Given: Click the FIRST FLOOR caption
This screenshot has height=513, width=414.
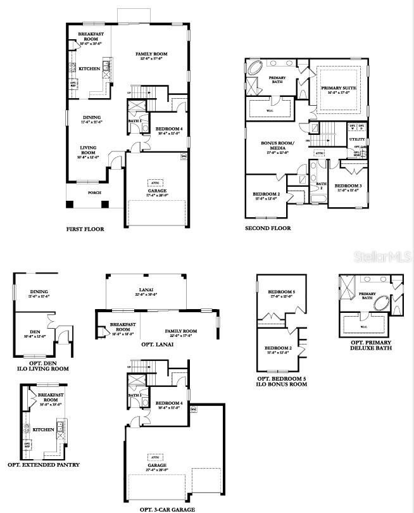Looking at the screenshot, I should point(85,229).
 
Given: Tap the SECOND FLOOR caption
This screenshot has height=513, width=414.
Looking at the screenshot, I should point(268,228).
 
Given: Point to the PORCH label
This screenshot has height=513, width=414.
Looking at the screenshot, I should point(94,193).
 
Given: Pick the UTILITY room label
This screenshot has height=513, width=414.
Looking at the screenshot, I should point(358,139).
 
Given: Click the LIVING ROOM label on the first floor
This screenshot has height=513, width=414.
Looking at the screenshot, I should point(88,150).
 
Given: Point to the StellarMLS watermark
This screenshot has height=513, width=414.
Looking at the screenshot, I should point(383,256).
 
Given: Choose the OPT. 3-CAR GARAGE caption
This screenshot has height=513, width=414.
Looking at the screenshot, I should point(167,509).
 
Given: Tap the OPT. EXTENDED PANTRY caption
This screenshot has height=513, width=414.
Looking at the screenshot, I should point(44,464).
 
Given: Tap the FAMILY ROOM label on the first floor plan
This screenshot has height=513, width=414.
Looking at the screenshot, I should point(150,56).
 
